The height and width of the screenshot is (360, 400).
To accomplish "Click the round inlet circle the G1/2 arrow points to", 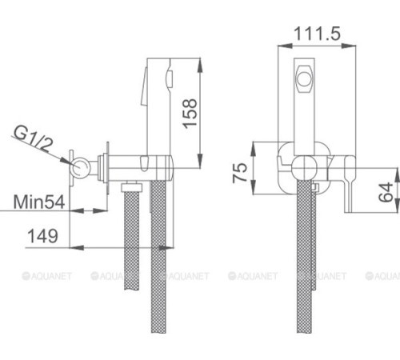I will [80, 168].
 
